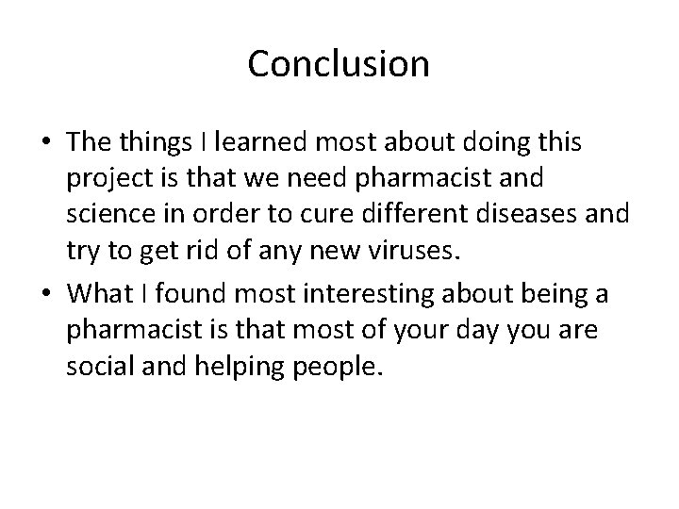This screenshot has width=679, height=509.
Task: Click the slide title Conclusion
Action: pos(339,64)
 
